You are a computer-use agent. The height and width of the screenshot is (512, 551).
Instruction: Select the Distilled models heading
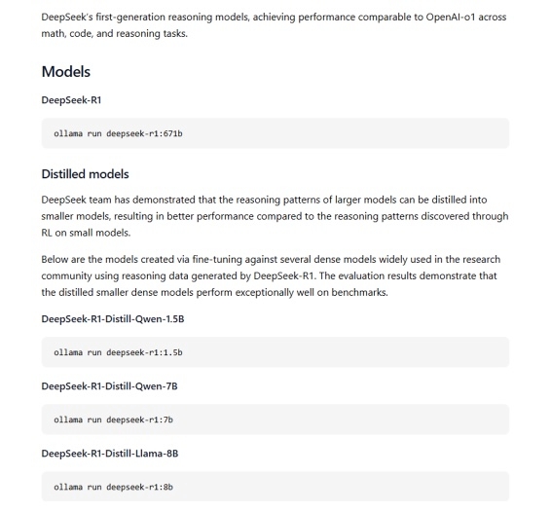click(x=85, y=174)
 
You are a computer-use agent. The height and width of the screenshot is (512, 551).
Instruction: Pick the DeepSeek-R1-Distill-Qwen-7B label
click(x=109, y=386)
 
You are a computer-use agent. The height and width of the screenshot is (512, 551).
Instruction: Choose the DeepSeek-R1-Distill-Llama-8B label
click(x=110, y=454)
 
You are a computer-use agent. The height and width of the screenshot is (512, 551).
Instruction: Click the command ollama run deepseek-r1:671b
click(x=118, y=132)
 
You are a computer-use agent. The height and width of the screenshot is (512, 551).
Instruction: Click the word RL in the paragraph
click(x=50, y=234)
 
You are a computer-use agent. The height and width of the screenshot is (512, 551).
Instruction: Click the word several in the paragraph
click(x=317, y=260)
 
